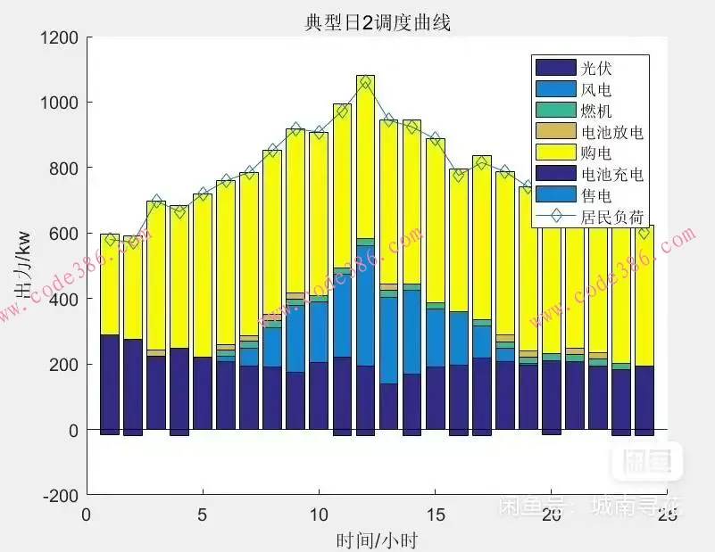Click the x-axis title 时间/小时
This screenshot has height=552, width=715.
(377, 540)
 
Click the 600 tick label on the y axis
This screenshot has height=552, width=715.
(64, 234)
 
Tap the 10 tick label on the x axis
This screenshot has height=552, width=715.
(318, 515)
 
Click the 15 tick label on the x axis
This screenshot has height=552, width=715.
(434, 515)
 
